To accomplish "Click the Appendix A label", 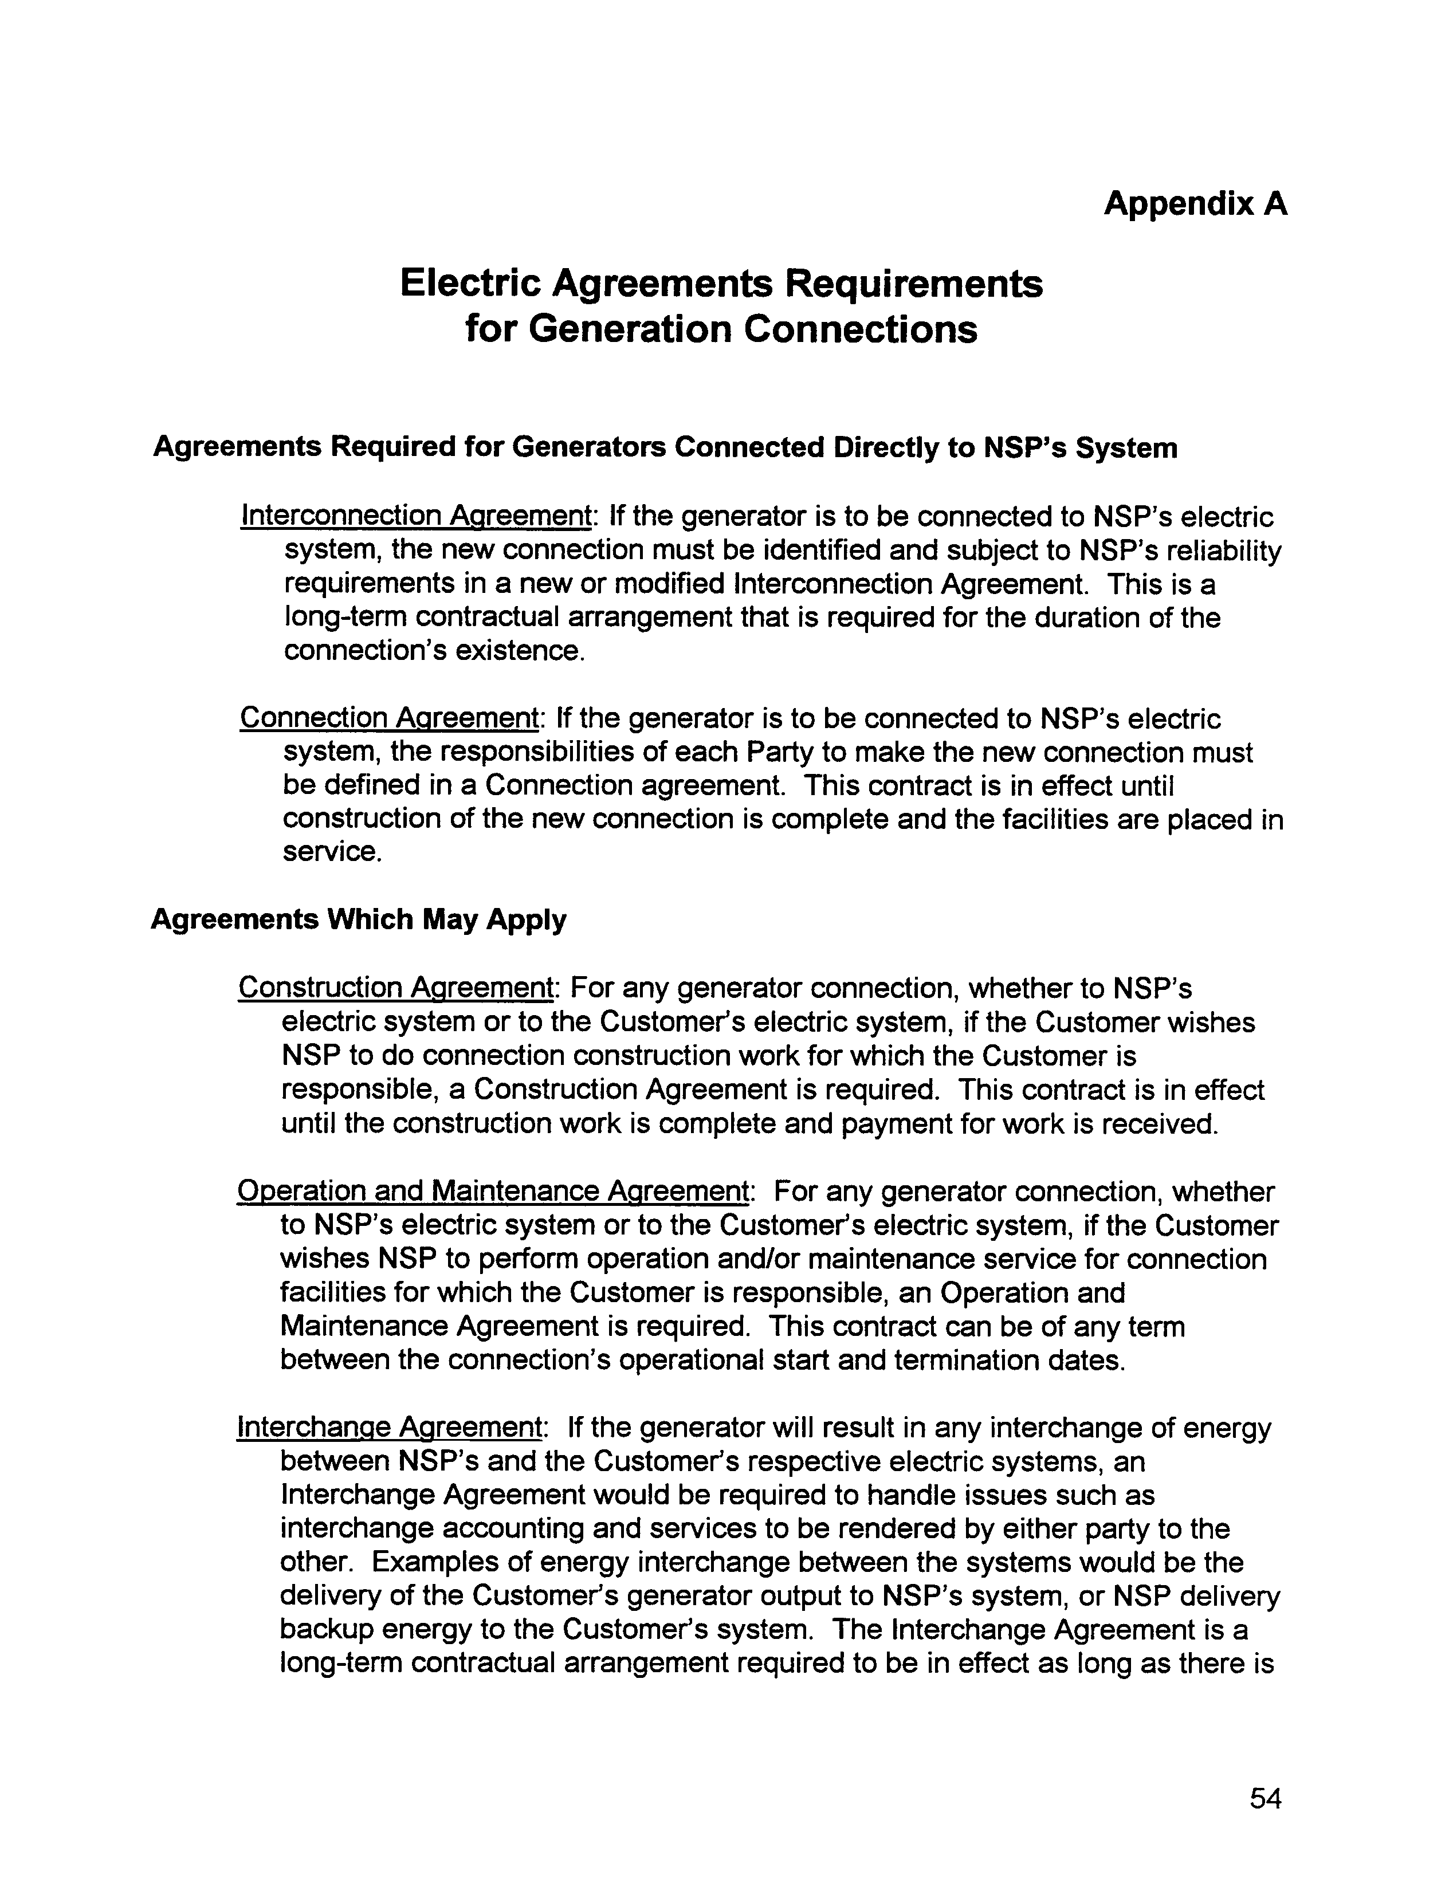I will coord(1195,204).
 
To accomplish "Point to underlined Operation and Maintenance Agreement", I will coord(493,1192).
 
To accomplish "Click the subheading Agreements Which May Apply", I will coord(359,919).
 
